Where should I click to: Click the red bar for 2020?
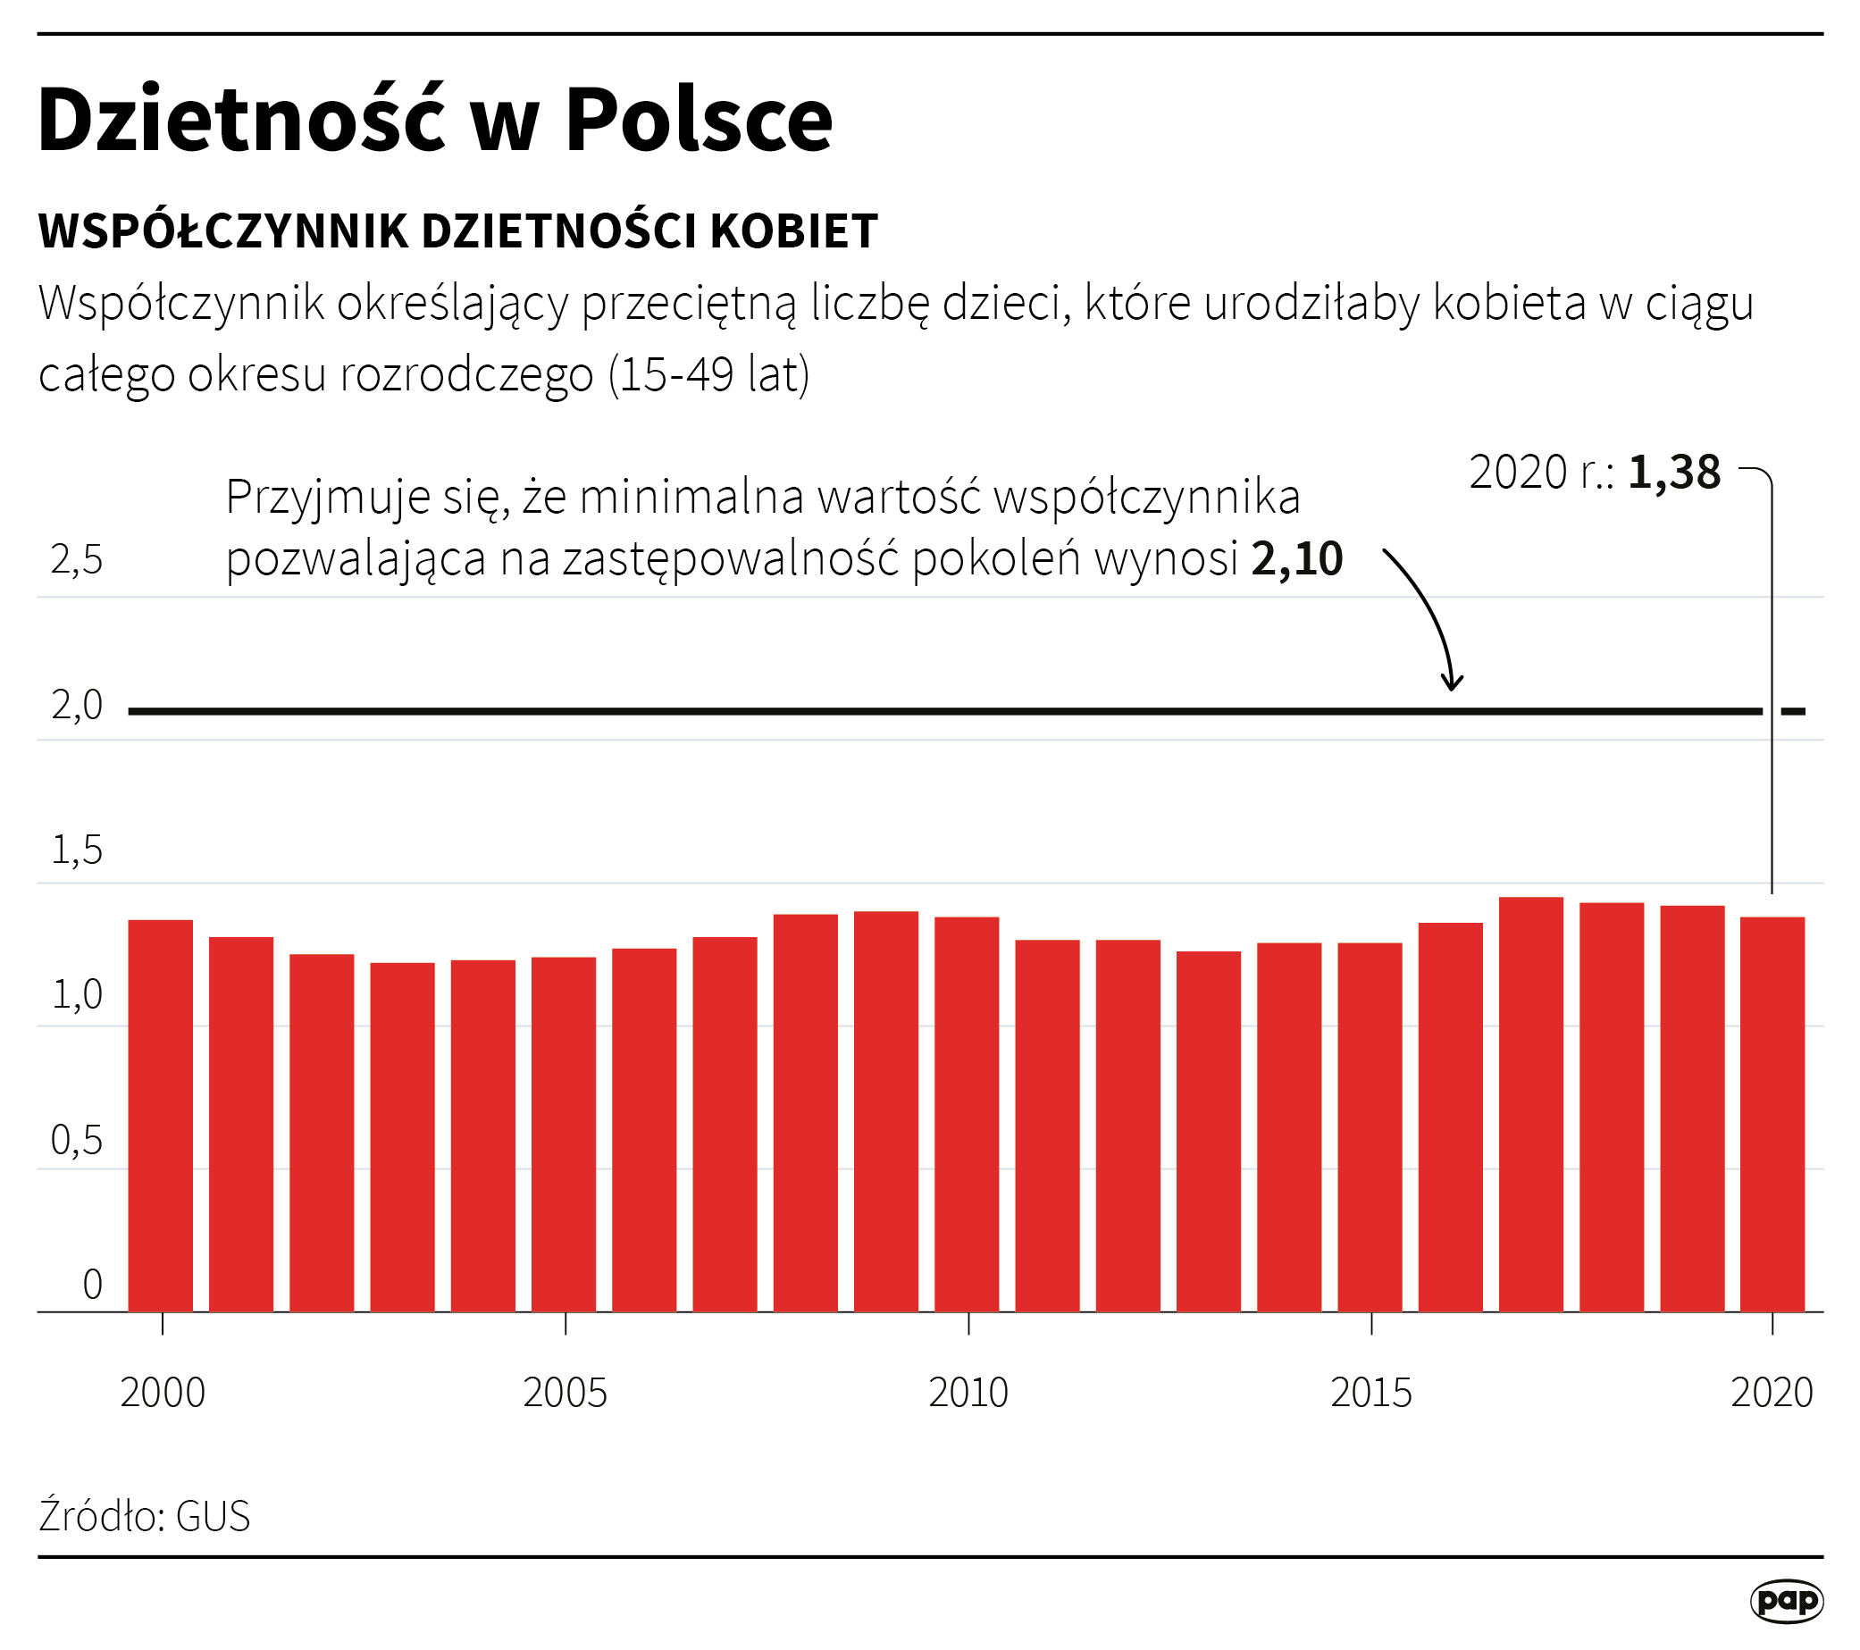(1772, 1114)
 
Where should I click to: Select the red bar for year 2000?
(160, 1116)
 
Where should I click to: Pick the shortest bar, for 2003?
(402, 1136)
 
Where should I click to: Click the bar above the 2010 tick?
(967, 1114)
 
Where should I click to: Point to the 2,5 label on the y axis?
(78, 560)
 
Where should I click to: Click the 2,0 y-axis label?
(78, 706)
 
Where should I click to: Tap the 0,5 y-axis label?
(78, 1140)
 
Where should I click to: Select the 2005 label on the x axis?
(565, 1394)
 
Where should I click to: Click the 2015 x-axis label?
(1370, 1394)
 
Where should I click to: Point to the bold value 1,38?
(1673, 473)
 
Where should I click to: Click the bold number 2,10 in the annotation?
(1296, 559)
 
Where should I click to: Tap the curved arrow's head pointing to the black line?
(1453, 683)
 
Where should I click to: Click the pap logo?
(1786, 1601)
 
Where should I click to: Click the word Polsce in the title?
(698, 119)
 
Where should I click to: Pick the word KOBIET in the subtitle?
(792, 231)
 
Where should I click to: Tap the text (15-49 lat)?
(708, 374)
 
